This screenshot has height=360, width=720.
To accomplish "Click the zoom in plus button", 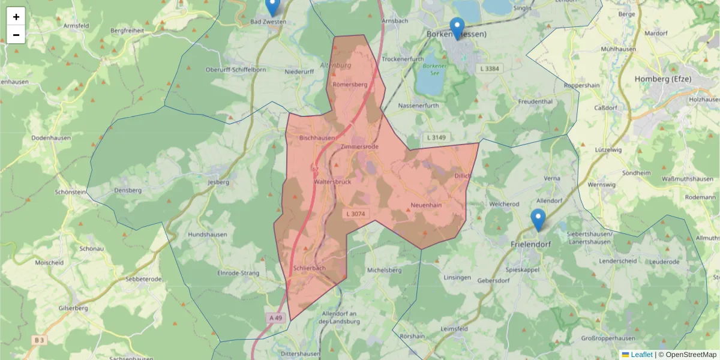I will (16, 16).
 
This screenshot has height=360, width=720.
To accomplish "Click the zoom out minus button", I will (16, 35).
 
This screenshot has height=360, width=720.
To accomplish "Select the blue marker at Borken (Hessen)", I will (457, 28).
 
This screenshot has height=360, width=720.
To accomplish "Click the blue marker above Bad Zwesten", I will (272, 6).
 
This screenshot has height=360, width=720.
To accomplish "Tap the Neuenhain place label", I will (426, 205).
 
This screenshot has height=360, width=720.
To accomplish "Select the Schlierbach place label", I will (310, 268).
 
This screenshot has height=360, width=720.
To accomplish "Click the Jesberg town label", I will (218, 181).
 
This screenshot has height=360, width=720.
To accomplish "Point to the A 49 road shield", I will (275, 318).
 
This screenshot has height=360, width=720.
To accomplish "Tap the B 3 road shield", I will (40, 340).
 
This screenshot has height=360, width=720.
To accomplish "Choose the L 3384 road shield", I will (490, 69).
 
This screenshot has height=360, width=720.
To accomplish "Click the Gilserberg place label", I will (73, 308).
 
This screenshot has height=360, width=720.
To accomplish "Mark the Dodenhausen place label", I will (52, 138).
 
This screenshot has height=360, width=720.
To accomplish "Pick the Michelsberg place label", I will (384, 270).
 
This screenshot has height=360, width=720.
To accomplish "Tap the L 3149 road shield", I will (436, 138).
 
